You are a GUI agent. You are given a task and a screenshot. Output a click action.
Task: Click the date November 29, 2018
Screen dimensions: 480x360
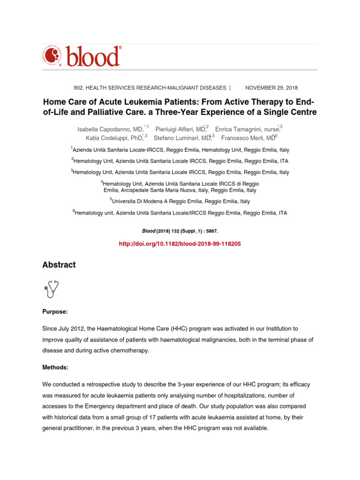point(271,88)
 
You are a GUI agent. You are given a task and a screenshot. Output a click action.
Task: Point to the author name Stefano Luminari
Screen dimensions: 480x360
point(180,137)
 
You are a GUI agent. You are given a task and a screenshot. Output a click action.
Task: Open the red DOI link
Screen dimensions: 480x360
point(180,244)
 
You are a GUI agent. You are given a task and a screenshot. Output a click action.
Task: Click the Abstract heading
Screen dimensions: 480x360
point(59,265)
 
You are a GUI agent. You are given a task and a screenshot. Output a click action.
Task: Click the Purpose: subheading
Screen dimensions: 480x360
point(55,311)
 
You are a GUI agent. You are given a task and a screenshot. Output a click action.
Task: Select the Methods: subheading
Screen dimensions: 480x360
point(56,368)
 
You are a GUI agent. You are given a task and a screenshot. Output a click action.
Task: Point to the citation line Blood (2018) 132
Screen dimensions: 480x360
point(180,231)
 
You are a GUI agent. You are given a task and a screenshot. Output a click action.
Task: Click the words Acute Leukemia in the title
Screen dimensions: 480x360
point(123,102)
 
